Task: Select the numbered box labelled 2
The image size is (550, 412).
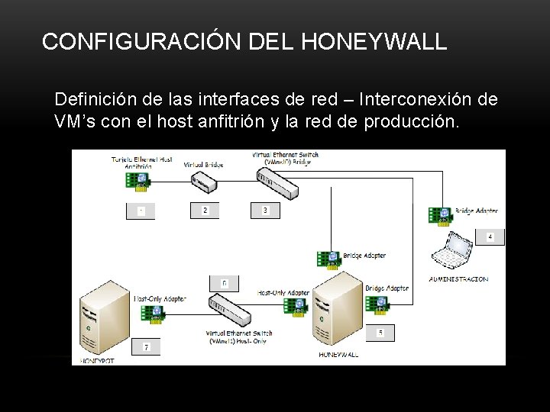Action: (205, 210)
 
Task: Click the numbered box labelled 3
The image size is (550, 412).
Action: (265, 210)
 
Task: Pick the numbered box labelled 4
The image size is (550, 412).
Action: (490, 237)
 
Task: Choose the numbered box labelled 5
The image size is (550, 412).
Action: (380, 333)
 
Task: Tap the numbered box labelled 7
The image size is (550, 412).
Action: (146, 347)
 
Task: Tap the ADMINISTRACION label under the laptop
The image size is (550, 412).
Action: (458, 279)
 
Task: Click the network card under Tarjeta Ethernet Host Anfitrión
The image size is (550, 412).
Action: (138, 180)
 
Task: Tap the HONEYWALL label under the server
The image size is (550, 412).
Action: (338, 355)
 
